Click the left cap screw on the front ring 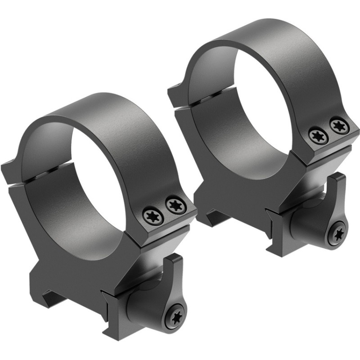point(153,216)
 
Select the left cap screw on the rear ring point(318,136)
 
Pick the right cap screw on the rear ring point(338,126)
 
